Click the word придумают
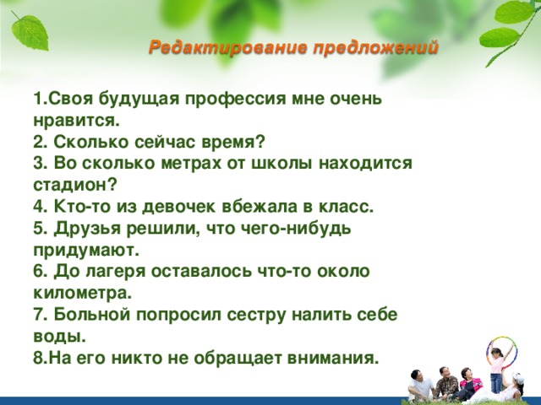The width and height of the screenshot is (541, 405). click(86, 251)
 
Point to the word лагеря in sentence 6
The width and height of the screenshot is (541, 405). click(116, 272)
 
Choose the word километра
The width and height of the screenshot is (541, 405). click(83, 293)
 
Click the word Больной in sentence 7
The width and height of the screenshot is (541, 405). click(92, 315)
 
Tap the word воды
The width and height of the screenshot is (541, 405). click(59, 336)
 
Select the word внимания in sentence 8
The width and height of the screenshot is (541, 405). click(333, 358)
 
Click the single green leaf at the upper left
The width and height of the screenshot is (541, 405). click(30, 32)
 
